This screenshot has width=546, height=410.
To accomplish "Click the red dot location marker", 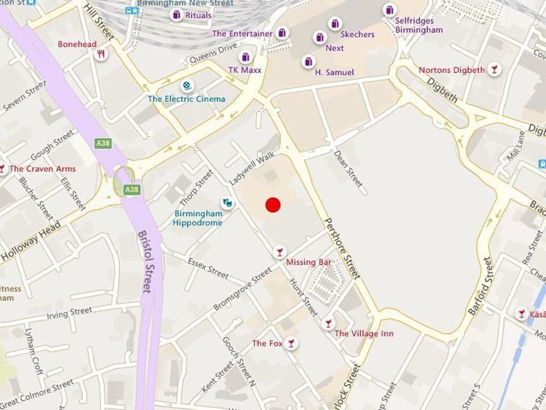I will click(273, 205).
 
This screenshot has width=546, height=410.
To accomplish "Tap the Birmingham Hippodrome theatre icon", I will click(227, 202).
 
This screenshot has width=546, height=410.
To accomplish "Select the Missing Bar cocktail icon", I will click(279, 252).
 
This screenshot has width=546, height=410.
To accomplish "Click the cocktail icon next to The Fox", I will click(291, 343).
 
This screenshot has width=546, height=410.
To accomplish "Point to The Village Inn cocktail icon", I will click(328, 324).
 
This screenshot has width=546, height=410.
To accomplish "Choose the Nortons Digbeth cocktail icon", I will click(494, 69).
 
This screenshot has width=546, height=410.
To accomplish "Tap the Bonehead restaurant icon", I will click(100, 54).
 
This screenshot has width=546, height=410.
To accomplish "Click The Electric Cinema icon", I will click(187, 85).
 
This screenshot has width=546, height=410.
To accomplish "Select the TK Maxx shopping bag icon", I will click(245, 58).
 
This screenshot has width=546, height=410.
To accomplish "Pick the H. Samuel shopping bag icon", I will click(308, 62).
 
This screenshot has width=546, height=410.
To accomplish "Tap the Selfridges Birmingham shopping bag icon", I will click(390, 10).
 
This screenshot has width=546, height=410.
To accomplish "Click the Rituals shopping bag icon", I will click(176, 15).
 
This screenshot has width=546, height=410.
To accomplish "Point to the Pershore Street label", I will click(342, 248).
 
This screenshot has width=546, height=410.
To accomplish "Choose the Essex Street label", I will click(208, 267).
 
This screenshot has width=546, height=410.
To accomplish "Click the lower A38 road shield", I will click(132, 190).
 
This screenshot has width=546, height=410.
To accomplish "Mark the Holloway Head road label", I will click(30, 242).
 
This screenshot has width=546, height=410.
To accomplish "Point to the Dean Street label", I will click(348, 168).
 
